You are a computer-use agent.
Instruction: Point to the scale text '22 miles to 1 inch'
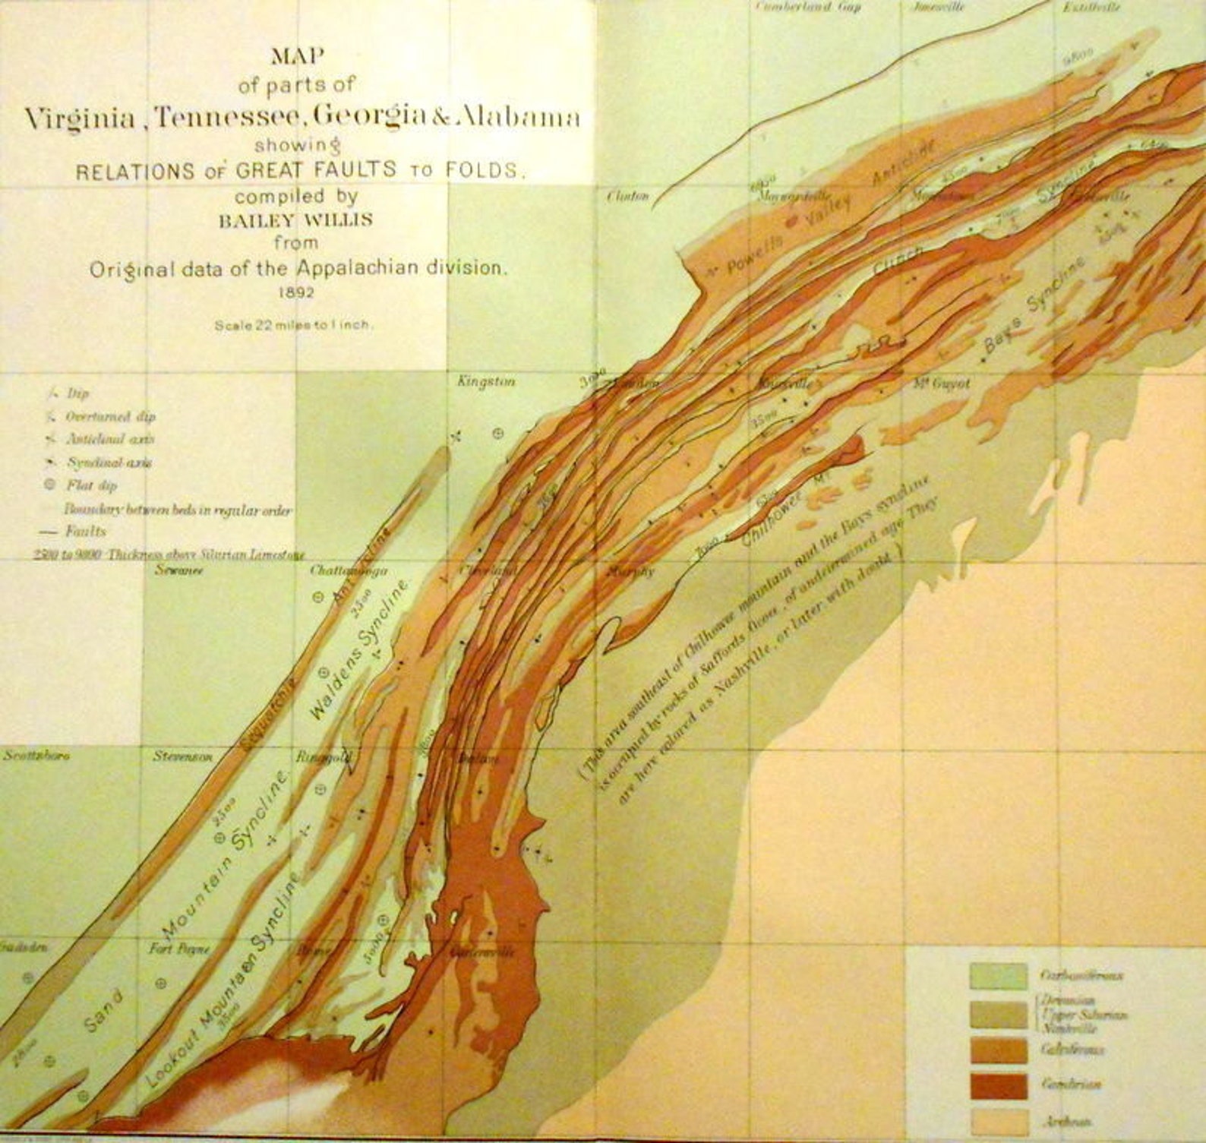(293, 324)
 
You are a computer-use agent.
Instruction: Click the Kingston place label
(486, 381)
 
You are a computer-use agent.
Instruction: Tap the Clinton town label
(628, 196)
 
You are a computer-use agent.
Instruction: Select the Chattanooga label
(349, 570)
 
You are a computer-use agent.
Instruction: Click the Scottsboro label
(36, 756)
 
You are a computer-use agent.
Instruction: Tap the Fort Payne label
(179, 949)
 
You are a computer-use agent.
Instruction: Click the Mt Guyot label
(942, 384)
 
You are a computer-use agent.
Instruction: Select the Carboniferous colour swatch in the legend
(996, 976)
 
